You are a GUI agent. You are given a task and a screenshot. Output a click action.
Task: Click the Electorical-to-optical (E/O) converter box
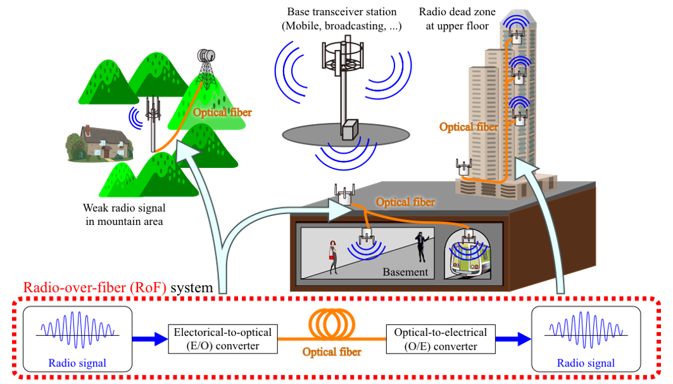pyautogui.click(x=223, y=340)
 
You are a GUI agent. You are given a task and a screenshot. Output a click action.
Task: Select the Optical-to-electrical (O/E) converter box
pyautogui.click(x=440, y=340)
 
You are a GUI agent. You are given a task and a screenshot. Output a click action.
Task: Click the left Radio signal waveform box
pyautogui.click(x=77, y=339)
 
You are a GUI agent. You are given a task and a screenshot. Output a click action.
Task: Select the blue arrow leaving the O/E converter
pyautogui.click(x=513, y=340)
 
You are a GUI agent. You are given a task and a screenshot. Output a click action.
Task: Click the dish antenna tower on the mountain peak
pyautogui.click(x=206, y=63)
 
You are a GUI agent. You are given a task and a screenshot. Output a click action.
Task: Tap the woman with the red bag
pyautogui.click(x=332, y=257)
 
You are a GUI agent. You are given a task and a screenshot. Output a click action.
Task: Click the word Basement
pyautogui.click(x=405, y=272)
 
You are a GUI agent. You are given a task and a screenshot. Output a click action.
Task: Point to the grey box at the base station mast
pyautogui.click(x=349, y=129)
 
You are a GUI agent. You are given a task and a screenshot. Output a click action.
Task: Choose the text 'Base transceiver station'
pyautogui.click(x=342, y=11)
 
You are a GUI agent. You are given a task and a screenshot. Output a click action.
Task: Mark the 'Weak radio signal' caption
pyautogui.click(x=123, y=207)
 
